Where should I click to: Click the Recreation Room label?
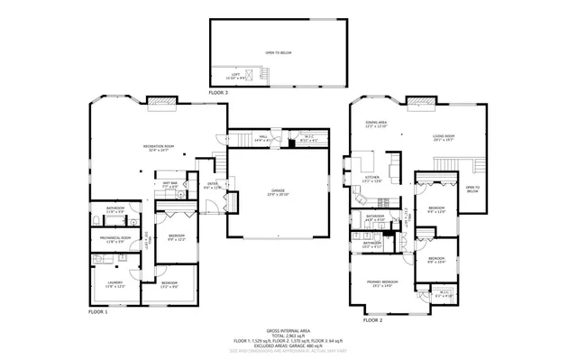click(158, 148)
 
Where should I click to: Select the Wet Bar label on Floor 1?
click(169, 185)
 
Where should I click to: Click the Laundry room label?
click(114, 284)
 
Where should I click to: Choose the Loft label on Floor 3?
click(235, 75)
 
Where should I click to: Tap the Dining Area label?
click(376, 124)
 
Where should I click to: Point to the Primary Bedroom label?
click(381, 283)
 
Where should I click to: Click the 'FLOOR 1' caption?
click(97, 311)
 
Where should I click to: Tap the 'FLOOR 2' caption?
click(372, 320)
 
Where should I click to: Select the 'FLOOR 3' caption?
click(219, 93)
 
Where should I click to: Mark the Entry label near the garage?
click(213, 186)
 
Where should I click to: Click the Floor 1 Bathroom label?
click(115, 210)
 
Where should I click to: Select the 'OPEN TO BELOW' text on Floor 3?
click(278, 53)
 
